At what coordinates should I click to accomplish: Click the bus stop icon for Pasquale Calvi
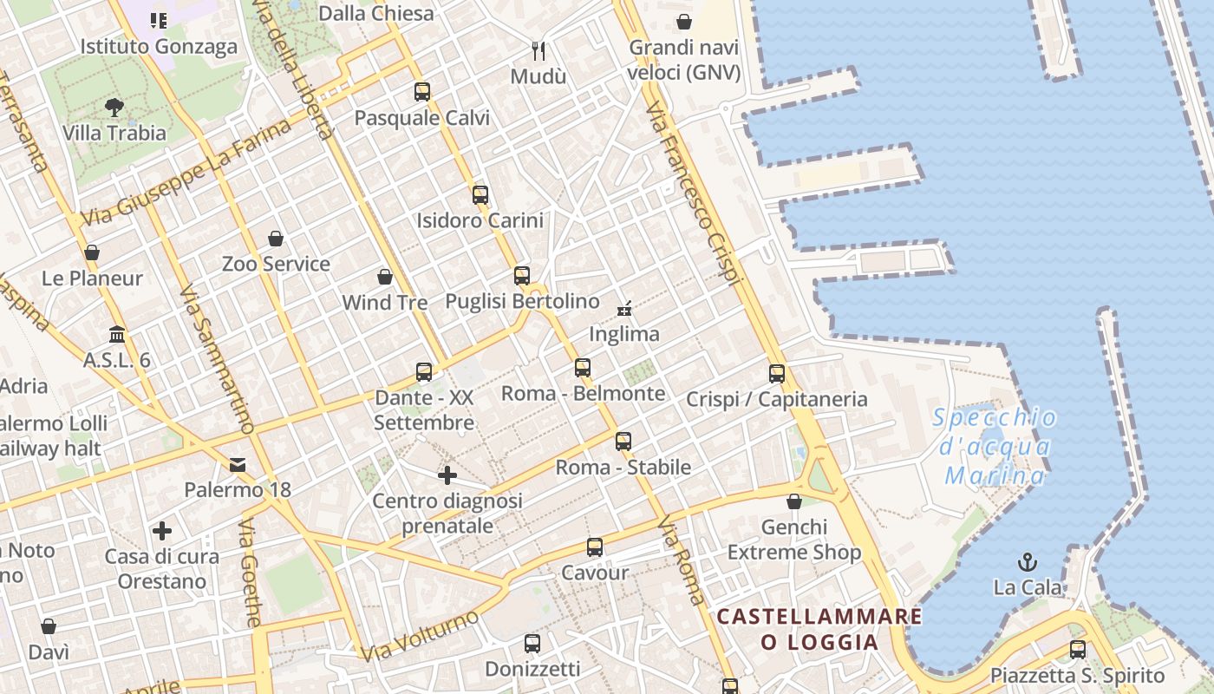[422, 91]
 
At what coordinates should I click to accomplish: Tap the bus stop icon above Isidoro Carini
[480, 194]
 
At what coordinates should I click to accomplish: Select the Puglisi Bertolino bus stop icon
[522, 275]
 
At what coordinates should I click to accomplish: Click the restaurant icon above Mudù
[538, 50]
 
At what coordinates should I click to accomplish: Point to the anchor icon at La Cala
[1028, 561]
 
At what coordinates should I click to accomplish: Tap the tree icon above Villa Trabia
[114, 108]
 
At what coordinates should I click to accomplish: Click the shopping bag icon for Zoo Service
[276, 238]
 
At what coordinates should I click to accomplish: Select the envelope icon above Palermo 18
[238, 464]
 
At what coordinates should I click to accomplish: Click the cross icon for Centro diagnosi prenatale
[447, 475]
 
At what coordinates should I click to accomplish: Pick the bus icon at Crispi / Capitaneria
[777, 374]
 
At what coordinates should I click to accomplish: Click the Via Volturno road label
[420, 636]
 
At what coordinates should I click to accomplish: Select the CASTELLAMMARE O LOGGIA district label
[819, 629]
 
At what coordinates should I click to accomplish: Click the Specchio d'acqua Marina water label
[995, 447]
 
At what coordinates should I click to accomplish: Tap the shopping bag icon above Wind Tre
[385, 277]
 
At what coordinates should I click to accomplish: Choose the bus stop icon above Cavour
[595, 547]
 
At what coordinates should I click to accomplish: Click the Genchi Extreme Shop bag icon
[794, 501]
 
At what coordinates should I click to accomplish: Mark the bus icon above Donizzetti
[532, 644]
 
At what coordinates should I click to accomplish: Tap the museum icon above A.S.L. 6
[117, 334]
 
